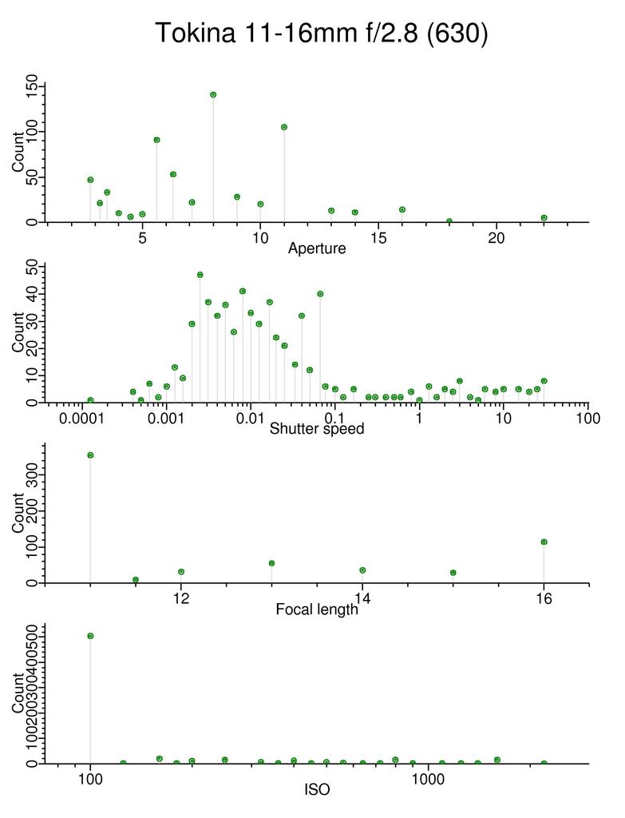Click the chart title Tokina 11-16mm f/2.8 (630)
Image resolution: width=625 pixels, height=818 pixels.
(x=321, y=34)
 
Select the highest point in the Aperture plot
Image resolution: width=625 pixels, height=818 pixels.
(x=213, y=94)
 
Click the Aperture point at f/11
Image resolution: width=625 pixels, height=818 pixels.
(x=284, y=127)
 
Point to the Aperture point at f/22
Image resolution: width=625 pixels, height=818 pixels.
(x=544, y=218)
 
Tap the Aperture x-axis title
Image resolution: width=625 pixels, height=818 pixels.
(x=317, y=248)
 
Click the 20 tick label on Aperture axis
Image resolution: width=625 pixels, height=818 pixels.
(x=496, y=238)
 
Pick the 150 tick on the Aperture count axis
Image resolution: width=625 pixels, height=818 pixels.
(x=32, y=85)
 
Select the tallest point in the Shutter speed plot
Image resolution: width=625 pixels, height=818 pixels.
(x=200, y=275)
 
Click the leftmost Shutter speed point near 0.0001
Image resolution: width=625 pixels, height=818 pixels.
(x=90, y=400)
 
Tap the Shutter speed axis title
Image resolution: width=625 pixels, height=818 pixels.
(x=317, y=429)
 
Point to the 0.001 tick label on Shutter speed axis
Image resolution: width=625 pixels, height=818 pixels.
(x=166, y=419)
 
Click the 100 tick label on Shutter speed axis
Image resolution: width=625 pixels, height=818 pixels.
(x=587, y=419)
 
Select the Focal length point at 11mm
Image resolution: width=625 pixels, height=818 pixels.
(x=90, y=455)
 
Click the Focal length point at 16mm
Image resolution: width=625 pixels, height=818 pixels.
(x=544, y=542)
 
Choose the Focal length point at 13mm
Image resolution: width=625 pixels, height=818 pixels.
(x=271, y=563)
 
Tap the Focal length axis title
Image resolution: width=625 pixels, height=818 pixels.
(x=317, y=610)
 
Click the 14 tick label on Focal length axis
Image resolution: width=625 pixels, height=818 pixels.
(x=362, y=599)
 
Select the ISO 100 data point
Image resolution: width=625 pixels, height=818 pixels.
(x=90, y=636)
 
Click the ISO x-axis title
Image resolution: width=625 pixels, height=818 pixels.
(x=317, y=791)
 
